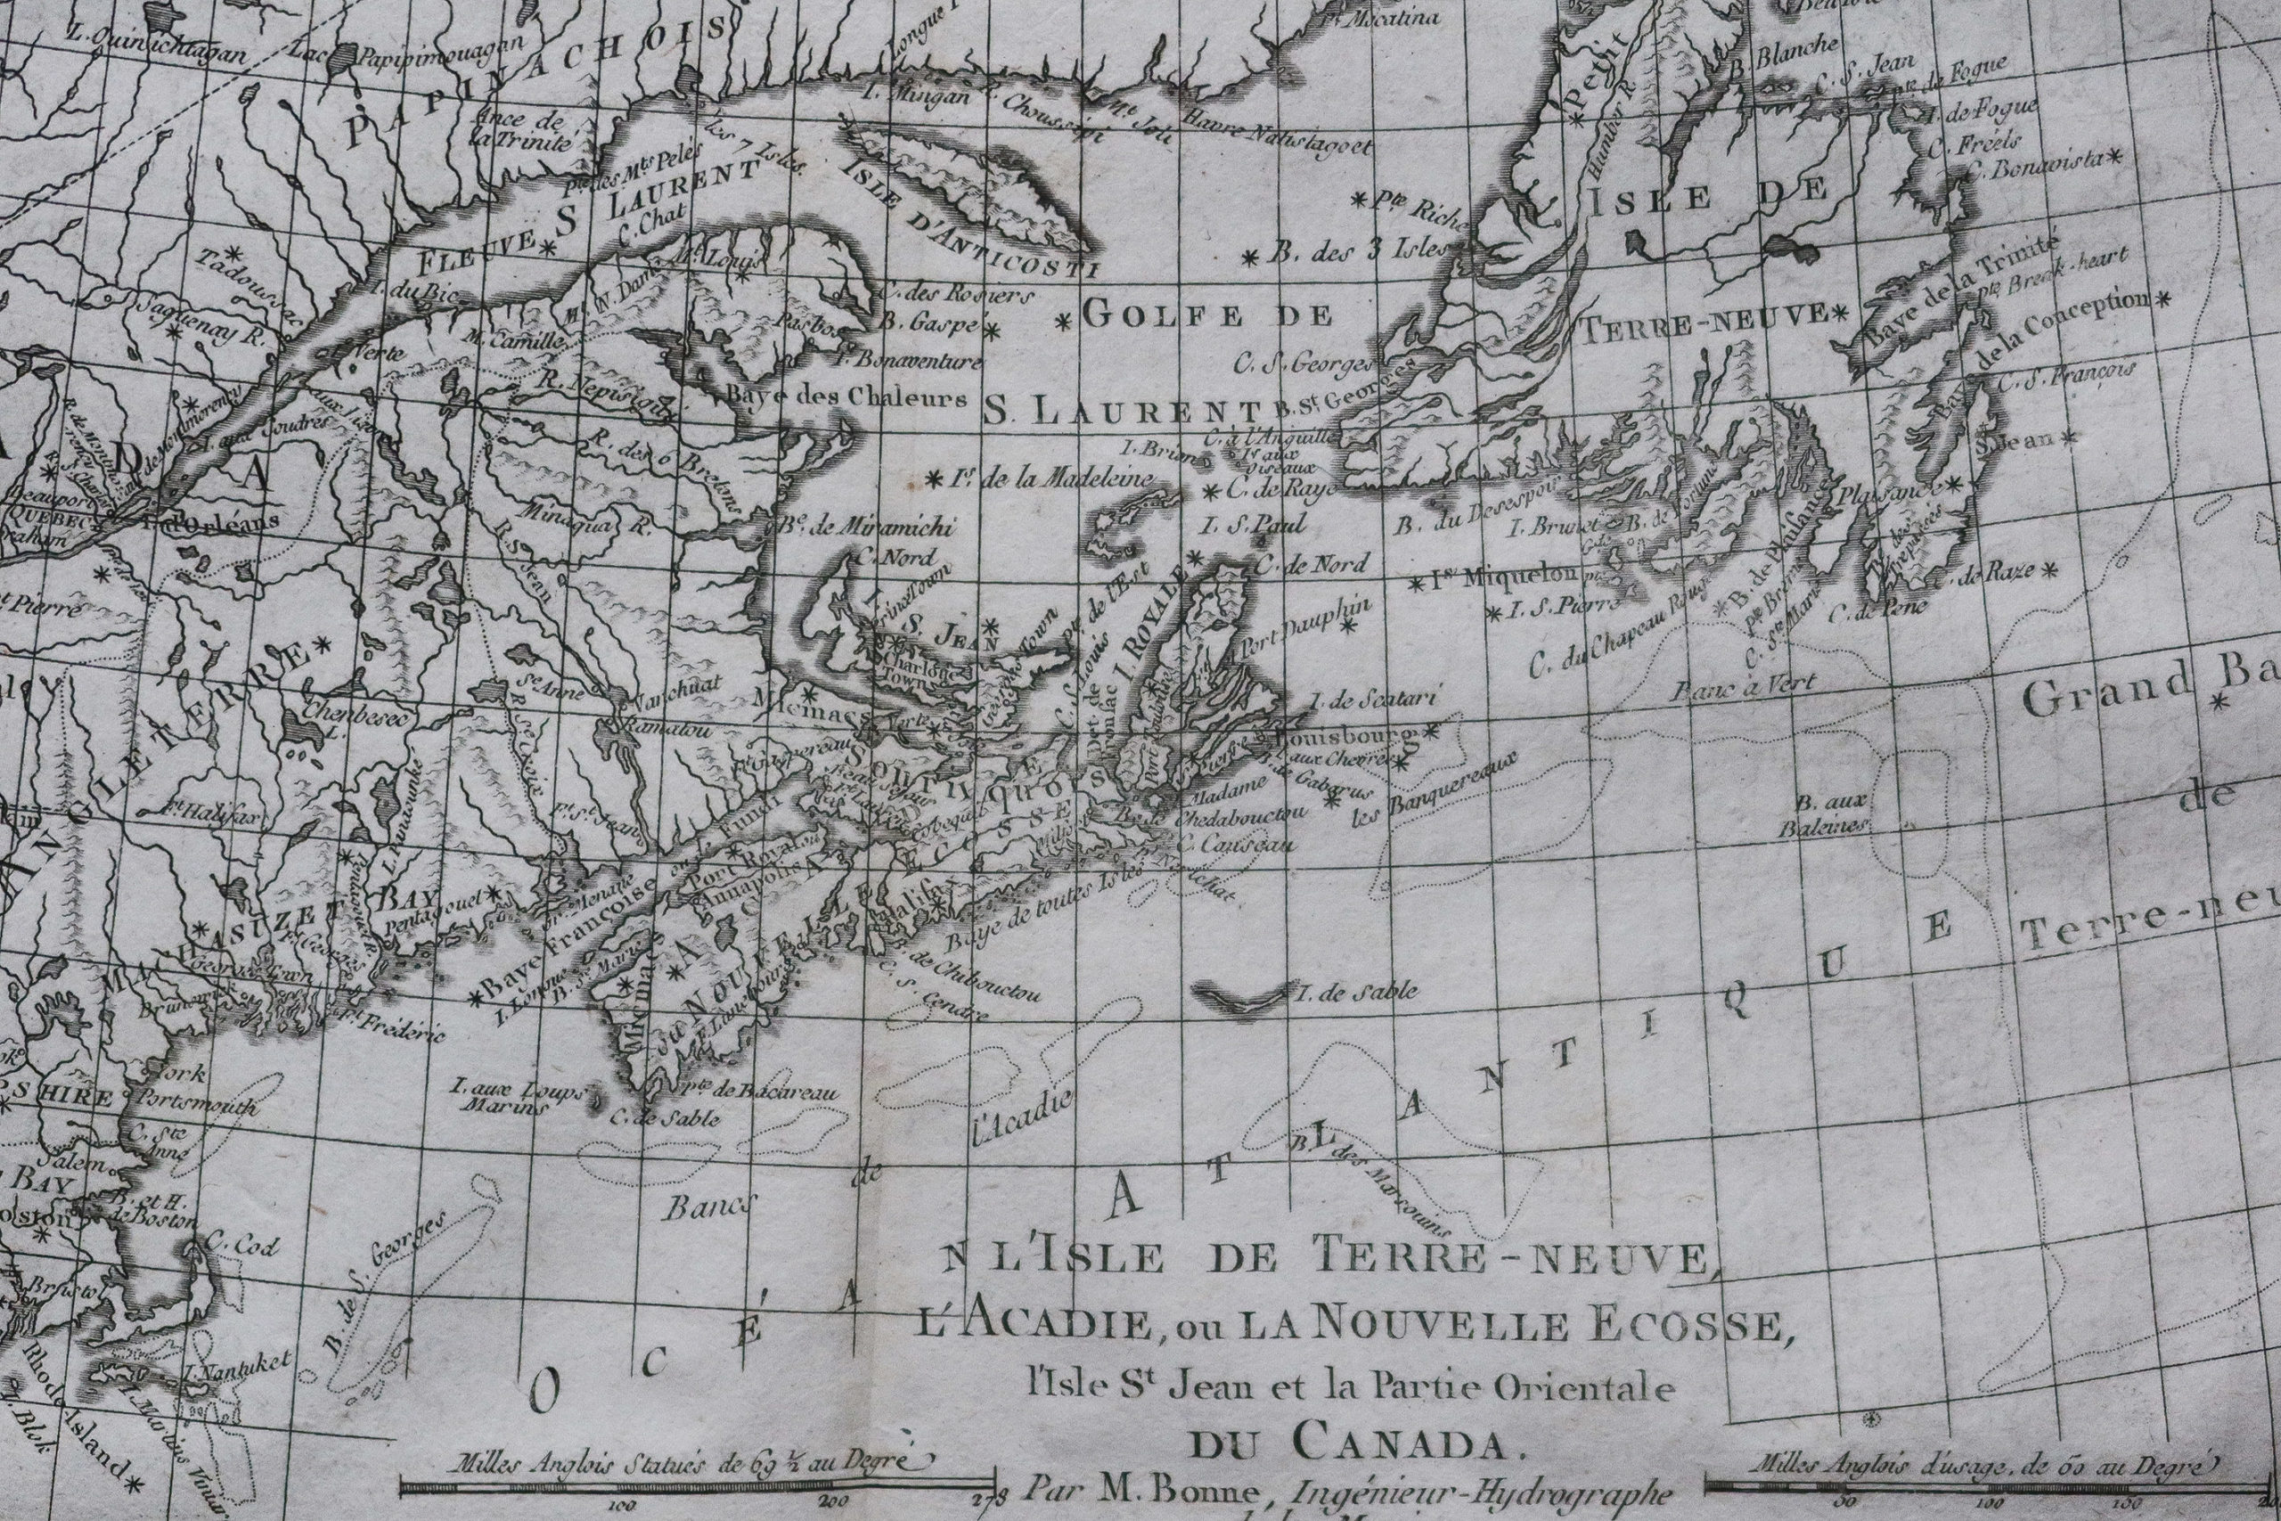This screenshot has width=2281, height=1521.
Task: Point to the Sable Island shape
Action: [1241, 994]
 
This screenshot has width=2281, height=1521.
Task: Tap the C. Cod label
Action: [229, 1245]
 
